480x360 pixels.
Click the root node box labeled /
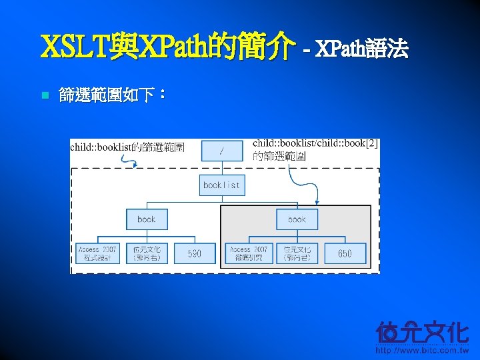(221, 151)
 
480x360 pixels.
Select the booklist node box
(221, 185)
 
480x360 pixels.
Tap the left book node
(147, 219)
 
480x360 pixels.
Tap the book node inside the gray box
(297, 219)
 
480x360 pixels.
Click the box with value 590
(194, 253)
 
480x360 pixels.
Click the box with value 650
(345, 253)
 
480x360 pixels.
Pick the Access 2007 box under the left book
(97, 253)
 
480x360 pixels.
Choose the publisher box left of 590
(147, 253)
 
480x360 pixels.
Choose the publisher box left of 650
(297, 253)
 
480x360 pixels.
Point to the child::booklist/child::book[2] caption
(315, 150)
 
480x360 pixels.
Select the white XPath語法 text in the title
(361, 49)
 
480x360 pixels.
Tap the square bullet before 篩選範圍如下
(45, 96)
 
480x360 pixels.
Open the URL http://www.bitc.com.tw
(423, 349)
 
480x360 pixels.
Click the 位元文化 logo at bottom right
(423, 331)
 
